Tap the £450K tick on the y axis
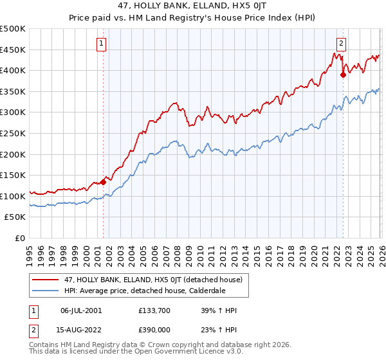pyautogui.click(x=13, y=50)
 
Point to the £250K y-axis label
pyautogui.click(x=13, y=133)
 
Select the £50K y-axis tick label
pyautogui.click(x=15, y=217)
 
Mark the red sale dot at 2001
pyautogui.click(x=103, y=183)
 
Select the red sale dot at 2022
pyautogui.click(x=343, y=75)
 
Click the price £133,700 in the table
pyautogui.click(x=155, y=310)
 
